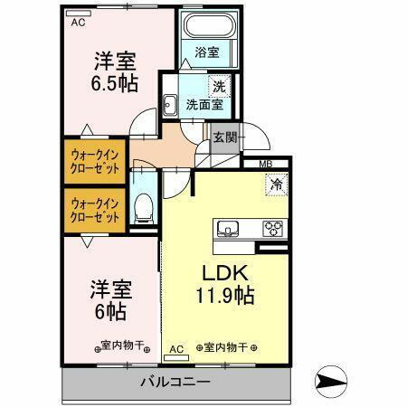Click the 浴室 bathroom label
click(207, 52)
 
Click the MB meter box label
click(266, 164)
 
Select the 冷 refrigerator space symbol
click(275, 184)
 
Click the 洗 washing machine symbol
click(217, 88)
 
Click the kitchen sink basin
click(228, 227)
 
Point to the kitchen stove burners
click(272, 227)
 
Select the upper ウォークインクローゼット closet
click(96, 161)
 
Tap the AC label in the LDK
click(176, 346)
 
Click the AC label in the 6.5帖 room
click(80, 21)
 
